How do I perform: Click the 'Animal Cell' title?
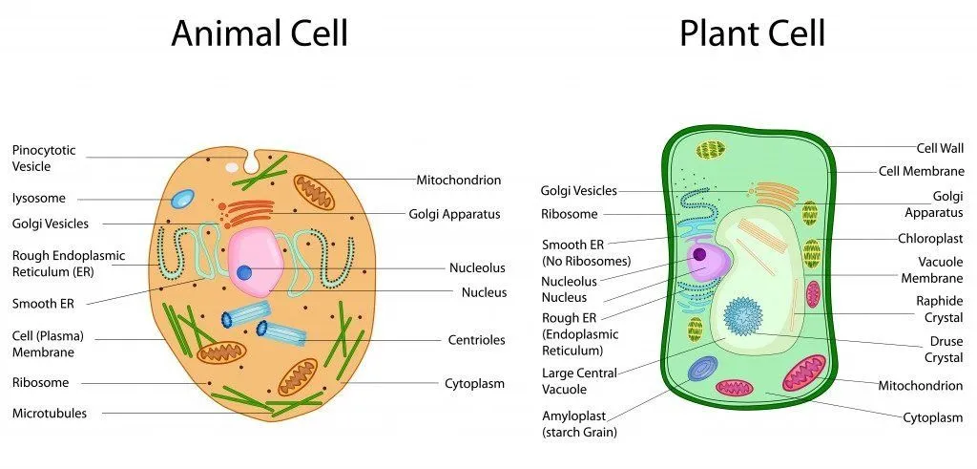coord(260,33)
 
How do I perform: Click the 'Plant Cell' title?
coord(751,33)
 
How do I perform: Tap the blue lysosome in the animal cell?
coord(181,199)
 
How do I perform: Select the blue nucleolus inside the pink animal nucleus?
coord(244,272)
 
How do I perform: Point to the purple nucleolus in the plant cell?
coord(700,254)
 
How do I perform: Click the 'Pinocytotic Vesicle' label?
coord(44,159)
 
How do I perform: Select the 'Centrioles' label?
coord(476,339)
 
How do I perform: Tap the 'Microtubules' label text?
coord(49,414)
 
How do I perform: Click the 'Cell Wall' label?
coord(940,148)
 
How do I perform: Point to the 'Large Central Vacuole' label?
coord(579,381)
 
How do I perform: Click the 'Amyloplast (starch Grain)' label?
coord(579,424)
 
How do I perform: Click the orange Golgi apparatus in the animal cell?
coord(250,211)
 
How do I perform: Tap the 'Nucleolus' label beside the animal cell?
coord(477,268)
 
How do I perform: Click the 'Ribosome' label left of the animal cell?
coord(40,382)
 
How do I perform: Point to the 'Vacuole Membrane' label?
coord(932,269)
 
